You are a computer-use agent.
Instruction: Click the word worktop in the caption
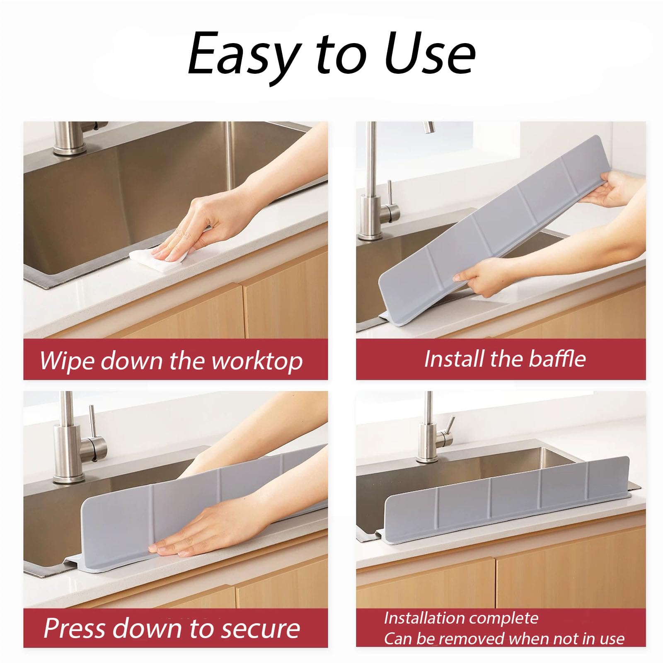257,361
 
